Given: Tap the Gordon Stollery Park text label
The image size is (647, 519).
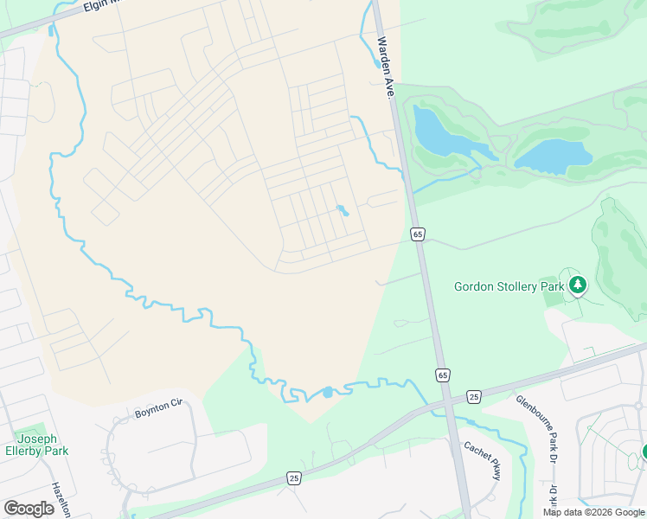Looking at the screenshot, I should (x=509, y=285).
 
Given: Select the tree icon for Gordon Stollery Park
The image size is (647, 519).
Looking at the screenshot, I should (x=578, y=285).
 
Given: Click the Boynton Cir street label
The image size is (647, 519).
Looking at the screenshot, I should (x=160, y=409).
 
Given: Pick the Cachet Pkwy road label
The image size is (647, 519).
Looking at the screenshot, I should (x=483, y=460).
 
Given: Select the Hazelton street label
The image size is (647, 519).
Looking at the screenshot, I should (x=59, y=498).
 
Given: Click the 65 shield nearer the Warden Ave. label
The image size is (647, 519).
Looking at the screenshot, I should (x=418, y=234).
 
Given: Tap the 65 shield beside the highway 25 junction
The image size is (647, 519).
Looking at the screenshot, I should (x=442, y=375).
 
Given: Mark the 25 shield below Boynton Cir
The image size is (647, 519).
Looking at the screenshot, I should (x=294, y=478).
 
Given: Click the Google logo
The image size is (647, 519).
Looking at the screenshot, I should (x=29, y=509).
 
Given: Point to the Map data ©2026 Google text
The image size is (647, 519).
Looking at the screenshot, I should (x=594, y=512).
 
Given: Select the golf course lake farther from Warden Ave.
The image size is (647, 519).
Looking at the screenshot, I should (x=554, y=156).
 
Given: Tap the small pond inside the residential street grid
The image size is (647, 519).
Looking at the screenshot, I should (x=343, y=210).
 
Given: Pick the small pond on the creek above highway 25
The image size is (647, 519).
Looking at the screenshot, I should (x=327, y=392).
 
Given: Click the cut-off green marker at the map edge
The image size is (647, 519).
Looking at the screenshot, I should (x=644, y=452).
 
